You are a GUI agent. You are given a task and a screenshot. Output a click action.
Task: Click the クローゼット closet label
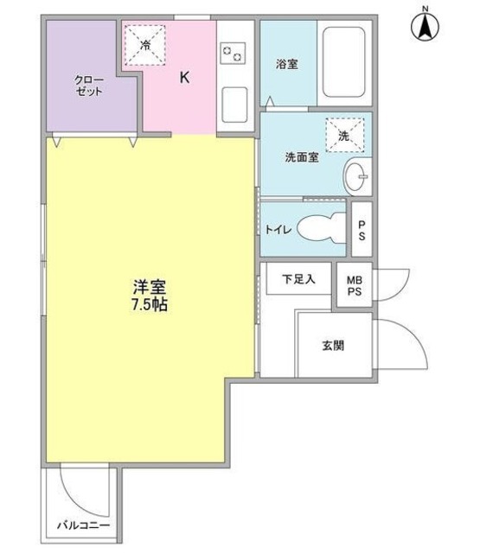pyautogui.click(x=88, y=85)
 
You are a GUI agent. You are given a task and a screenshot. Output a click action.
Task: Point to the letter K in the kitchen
pyautogui.click(x=184, y=77)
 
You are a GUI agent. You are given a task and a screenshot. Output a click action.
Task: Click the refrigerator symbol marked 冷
pyautogui.click(x=145, y=43)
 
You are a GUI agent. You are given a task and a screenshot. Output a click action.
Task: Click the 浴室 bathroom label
pyautogui.click(x=287, y=65)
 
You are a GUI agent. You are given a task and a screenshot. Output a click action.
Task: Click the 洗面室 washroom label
pyautogui.click(x=302, y=158)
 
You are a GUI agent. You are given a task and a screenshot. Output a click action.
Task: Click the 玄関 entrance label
pyautogui.click(x=333, y=346)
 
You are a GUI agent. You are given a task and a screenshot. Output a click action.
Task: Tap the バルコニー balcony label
pyautogui.click(x=84, y=525)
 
